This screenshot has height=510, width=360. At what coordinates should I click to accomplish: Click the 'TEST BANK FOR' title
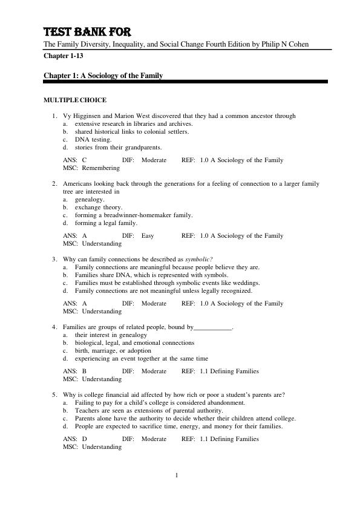(x=87, y=31)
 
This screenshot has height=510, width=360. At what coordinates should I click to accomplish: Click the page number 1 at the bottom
(x=177, y=475)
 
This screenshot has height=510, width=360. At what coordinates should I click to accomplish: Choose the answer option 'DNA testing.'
(x=93, y=139)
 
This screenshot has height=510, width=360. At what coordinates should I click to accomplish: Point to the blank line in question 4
(x=213, y=327)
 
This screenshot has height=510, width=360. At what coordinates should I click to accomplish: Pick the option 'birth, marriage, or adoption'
(x=114, y=350)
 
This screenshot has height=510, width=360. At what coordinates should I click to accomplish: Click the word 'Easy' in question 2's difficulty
(x=148, y=236)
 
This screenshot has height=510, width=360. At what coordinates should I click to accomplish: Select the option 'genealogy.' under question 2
(x=90, y=199)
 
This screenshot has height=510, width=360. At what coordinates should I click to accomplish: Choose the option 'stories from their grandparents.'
(x=119, y=147)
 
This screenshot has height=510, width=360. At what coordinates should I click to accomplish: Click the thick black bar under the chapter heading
(x=186, y=82)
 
